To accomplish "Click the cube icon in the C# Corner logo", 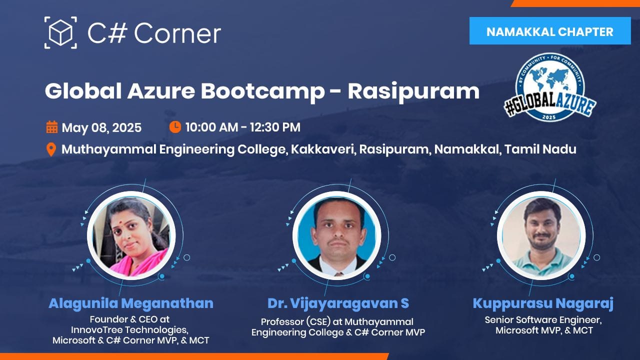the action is point(60,32).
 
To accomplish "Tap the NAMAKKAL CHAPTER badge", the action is point(550,31).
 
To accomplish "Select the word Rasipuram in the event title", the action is point(413,91).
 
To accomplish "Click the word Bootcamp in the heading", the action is point(262,91).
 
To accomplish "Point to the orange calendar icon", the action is point(51,127).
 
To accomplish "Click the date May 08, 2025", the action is point(101,127).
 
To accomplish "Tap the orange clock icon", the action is point(175,127).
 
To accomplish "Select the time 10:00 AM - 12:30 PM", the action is point(243,127).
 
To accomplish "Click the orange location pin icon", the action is point(51,149).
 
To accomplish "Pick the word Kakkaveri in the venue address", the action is point(323,149).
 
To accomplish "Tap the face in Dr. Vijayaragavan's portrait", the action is point(337,228).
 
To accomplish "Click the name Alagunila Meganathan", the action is point(131,303).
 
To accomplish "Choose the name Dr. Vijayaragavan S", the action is point(338,303).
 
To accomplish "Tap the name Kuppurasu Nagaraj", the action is point(543,303).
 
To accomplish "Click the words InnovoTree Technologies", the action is point(129,329).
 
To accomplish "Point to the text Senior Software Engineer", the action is point(543,319).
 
